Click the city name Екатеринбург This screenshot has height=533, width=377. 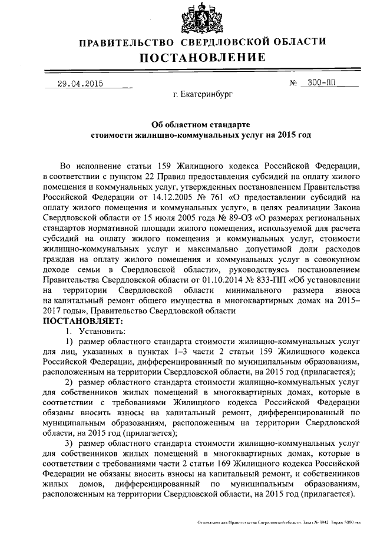203,94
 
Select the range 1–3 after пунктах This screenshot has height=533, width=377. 176,352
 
